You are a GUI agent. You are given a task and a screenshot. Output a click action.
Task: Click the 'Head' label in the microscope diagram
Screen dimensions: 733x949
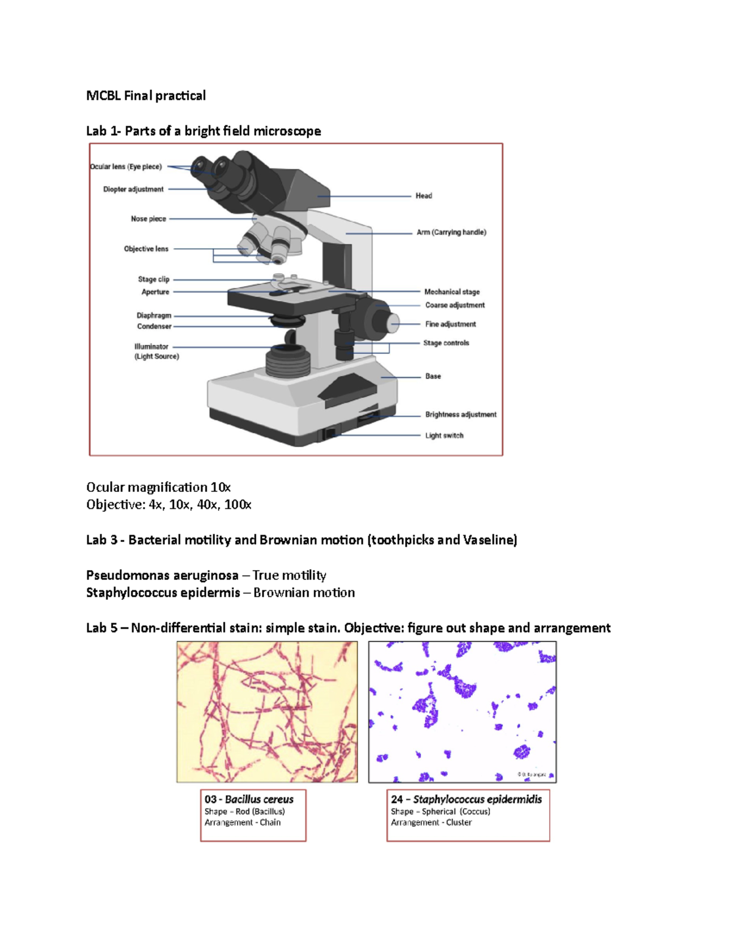[423, 196]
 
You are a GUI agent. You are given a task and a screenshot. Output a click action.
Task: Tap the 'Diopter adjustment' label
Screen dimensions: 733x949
[133, 189]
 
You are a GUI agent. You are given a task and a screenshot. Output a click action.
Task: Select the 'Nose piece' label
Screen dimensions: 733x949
[148, 219]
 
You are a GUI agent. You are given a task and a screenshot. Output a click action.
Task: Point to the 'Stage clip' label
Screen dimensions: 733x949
[154, 279]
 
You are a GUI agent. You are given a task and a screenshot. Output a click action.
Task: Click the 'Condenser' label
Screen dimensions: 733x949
[154, 326]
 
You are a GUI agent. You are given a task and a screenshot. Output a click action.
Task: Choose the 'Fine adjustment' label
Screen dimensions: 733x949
[451, 324]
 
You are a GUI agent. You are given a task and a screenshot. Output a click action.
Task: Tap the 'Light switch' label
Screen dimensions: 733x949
[445, 436]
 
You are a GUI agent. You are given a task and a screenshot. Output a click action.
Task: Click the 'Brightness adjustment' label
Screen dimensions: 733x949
[461, 414]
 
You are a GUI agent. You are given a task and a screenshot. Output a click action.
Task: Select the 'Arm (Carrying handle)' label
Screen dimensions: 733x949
[451, 232]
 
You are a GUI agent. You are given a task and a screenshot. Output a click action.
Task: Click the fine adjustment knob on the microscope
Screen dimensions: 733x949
[393, 323]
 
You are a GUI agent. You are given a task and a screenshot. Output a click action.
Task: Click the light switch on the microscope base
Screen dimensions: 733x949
[329, 433]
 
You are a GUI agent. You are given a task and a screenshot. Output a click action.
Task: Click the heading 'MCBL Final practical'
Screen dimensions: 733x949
[146, 96]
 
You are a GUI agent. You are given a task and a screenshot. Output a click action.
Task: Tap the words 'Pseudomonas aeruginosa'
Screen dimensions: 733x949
[162, 575]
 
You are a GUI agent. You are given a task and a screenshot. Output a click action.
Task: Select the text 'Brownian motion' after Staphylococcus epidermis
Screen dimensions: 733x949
[304, 593]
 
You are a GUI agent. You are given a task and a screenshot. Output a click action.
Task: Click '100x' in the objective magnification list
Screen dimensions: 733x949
[238, 505]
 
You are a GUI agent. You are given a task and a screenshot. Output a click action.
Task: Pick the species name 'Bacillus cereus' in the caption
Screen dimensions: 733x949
[260, 800]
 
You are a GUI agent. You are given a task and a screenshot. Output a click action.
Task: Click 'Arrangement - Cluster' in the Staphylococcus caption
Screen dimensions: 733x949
[431, 823]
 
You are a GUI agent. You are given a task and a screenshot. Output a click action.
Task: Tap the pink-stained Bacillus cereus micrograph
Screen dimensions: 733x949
[267, 712]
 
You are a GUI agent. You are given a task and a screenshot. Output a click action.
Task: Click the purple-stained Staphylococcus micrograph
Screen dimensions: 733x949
[462, 712]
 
